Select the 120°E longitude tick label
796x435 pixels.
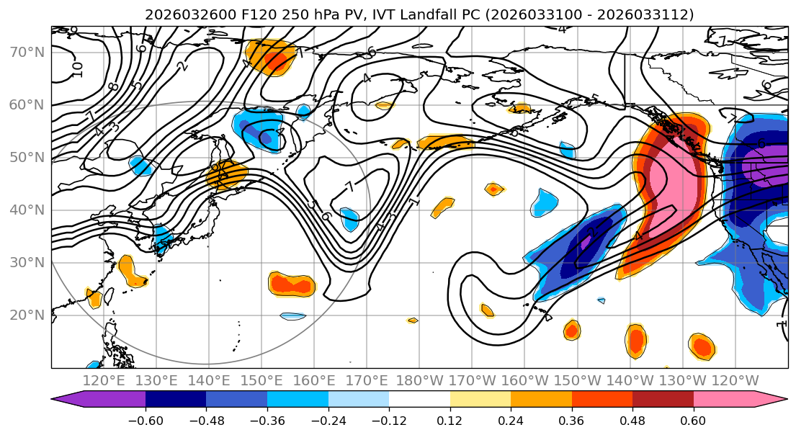click(104, 380)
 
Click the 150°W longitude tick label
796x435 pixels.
click(576, 380)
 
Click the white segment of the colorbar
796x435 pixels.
click(419, 400)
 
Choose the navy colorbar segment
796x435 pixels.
click(175, 400)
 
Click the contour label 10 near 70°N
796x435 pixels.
click(77, 69)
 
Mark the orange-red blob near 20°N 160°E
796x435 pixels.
click(292, 284)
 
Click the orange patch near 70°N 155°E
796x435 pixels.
click(271, 58)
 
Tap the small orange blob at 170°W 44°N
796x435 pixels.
click(493, 189)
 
